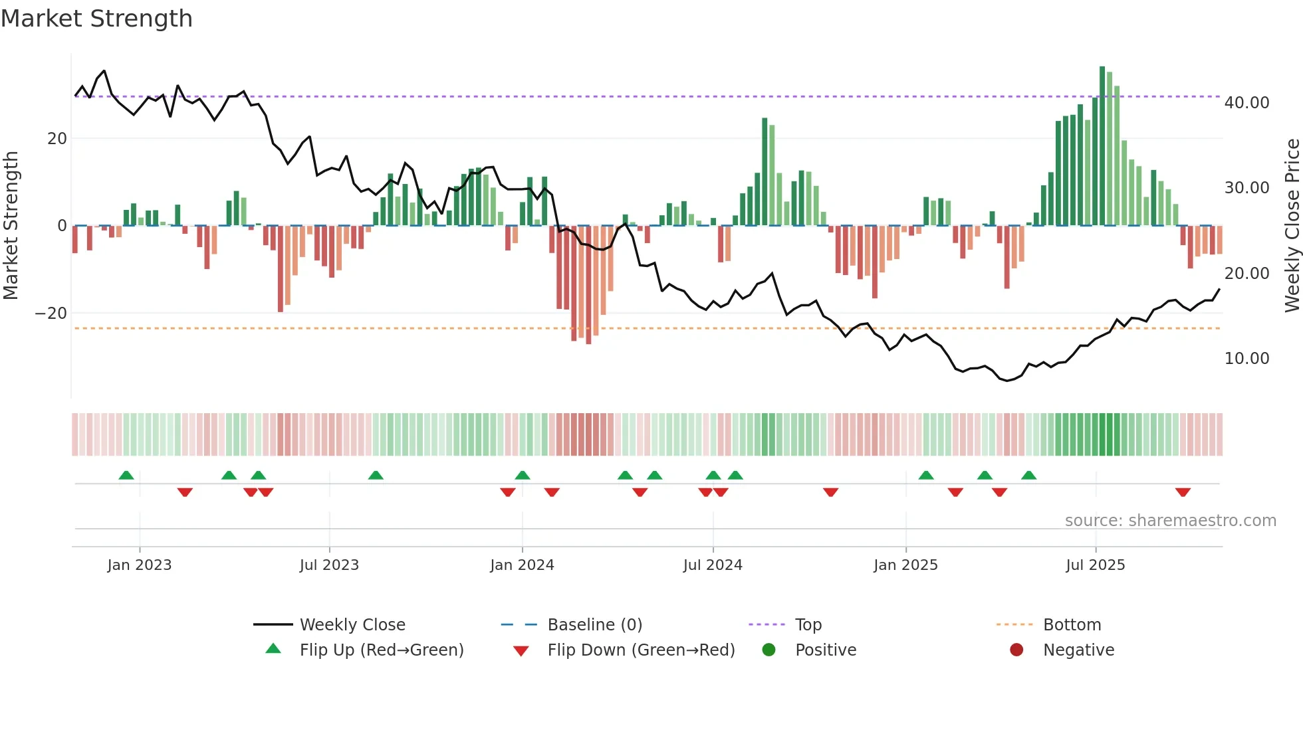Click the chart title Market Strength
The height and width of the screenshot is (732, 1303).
click(x=96, y=19)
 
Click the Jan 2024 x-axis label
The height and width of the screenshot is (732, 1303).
click(x=522, y=565)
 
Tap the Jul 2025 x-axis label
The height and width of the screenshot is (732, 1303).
click(x=1095, y=565)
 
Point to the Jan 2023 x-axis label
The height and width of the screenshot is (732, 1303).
click(x=140, y=565)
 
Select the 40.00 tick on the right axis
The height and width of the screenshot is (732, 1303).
click(x=1246, y=103)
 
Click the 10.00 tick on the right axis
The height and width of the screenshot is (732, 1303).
click(x=1246, y=359)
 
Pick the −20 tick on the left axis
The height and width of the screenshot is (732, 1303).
click(x=51, y=314)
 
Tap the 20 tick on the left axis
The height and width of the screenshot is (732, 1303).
click(x=57, y=139)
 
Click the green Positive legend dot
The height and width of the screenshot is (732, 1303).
click(x=769, y=650)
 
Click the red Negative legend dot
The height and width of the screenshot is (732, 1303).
click(x=1016, y=650)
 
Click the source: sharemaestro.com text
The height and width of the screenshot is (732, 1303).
click(x=1170, y=521)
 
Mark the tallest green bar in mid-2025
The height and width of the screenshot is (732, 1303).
click(x=1102, y=146)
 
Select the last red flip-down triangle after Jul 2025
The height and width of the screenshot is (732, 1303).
click(x=1183, y=492)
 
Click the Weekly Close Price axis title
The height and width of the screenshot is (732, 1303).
click(x=1292, y=226)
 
